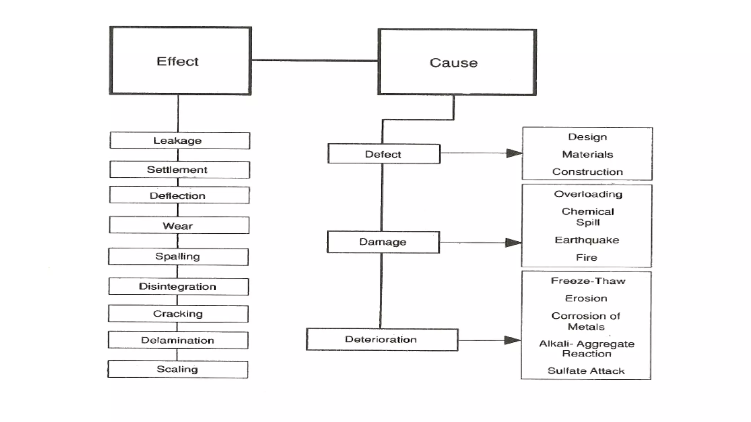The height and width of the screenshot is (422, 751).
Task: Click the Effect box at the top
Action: coord(180,61)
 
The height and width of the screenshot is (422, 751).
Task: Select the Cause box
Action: coord(457,62)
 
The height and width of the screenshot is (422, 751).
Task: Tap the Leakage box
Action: coord(179,141)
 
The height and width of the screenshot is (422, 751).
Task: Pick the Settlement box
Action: coord(179,170)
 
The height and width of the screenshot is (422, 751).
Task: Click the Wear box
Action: coord(179,225)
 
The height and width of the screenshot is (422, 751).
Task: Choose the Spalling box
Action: coord(178,256)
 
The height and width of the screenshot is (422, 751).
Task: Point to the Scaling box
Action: coord(177,369)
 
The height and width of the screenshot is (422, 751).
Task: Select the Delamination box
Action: coord(178,340)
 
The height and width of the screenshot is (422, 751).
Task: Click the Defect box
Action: coord(384,154)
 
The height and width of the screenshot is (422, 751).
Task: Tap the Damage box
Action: coord(383,242)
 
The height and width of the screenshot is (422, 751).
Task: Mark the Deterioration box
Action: coord(382,340)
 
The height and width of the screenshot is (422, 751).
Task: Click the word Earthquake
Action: coord(587,240)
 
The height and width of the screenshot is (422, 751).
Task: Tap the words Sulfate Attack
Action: coord(586,371)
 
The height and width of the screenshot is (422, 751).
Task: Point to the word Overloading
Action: coord(588,194)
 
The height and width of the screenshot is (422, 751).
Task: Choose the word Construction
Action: coord(587,172)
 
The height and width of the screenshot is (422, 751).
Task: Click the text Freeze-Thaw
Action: coord(588,281)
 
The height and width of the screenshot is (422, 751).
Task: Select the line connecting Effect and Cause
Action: coord(315,60)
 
